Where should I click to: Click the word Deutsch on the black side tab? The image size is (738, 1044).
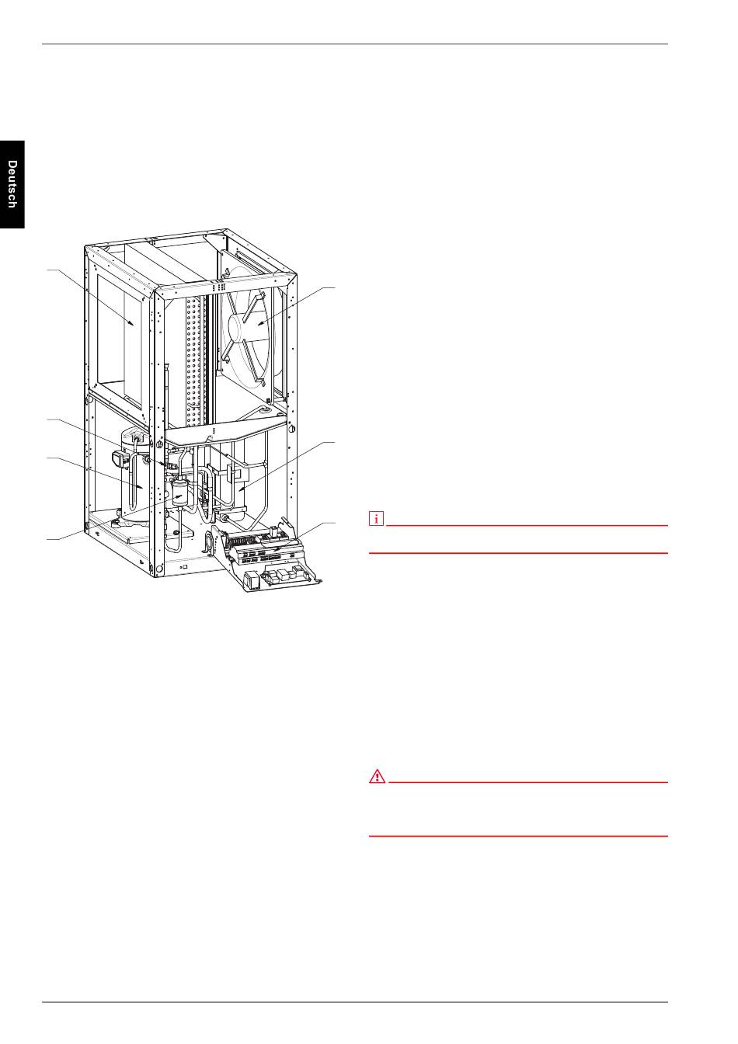click(12, 184)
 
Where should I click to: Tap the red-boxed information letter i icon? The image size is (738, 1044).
click(376, 518)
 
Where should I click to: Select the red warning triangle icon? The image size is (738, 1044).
click(378, 777)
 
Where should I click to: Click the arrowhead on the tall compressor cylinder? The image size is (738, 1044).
click(141, 486)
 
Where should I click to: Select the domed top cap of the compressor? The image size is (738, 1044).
click(135, 437)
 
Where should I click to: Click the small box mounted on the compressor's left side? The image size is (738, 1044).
click(120, 458)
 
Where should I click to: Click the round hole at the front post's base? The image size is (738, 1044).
click(158, 569)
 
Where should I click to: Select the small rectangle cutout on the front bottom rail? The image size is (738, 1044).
click(183, 567)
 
